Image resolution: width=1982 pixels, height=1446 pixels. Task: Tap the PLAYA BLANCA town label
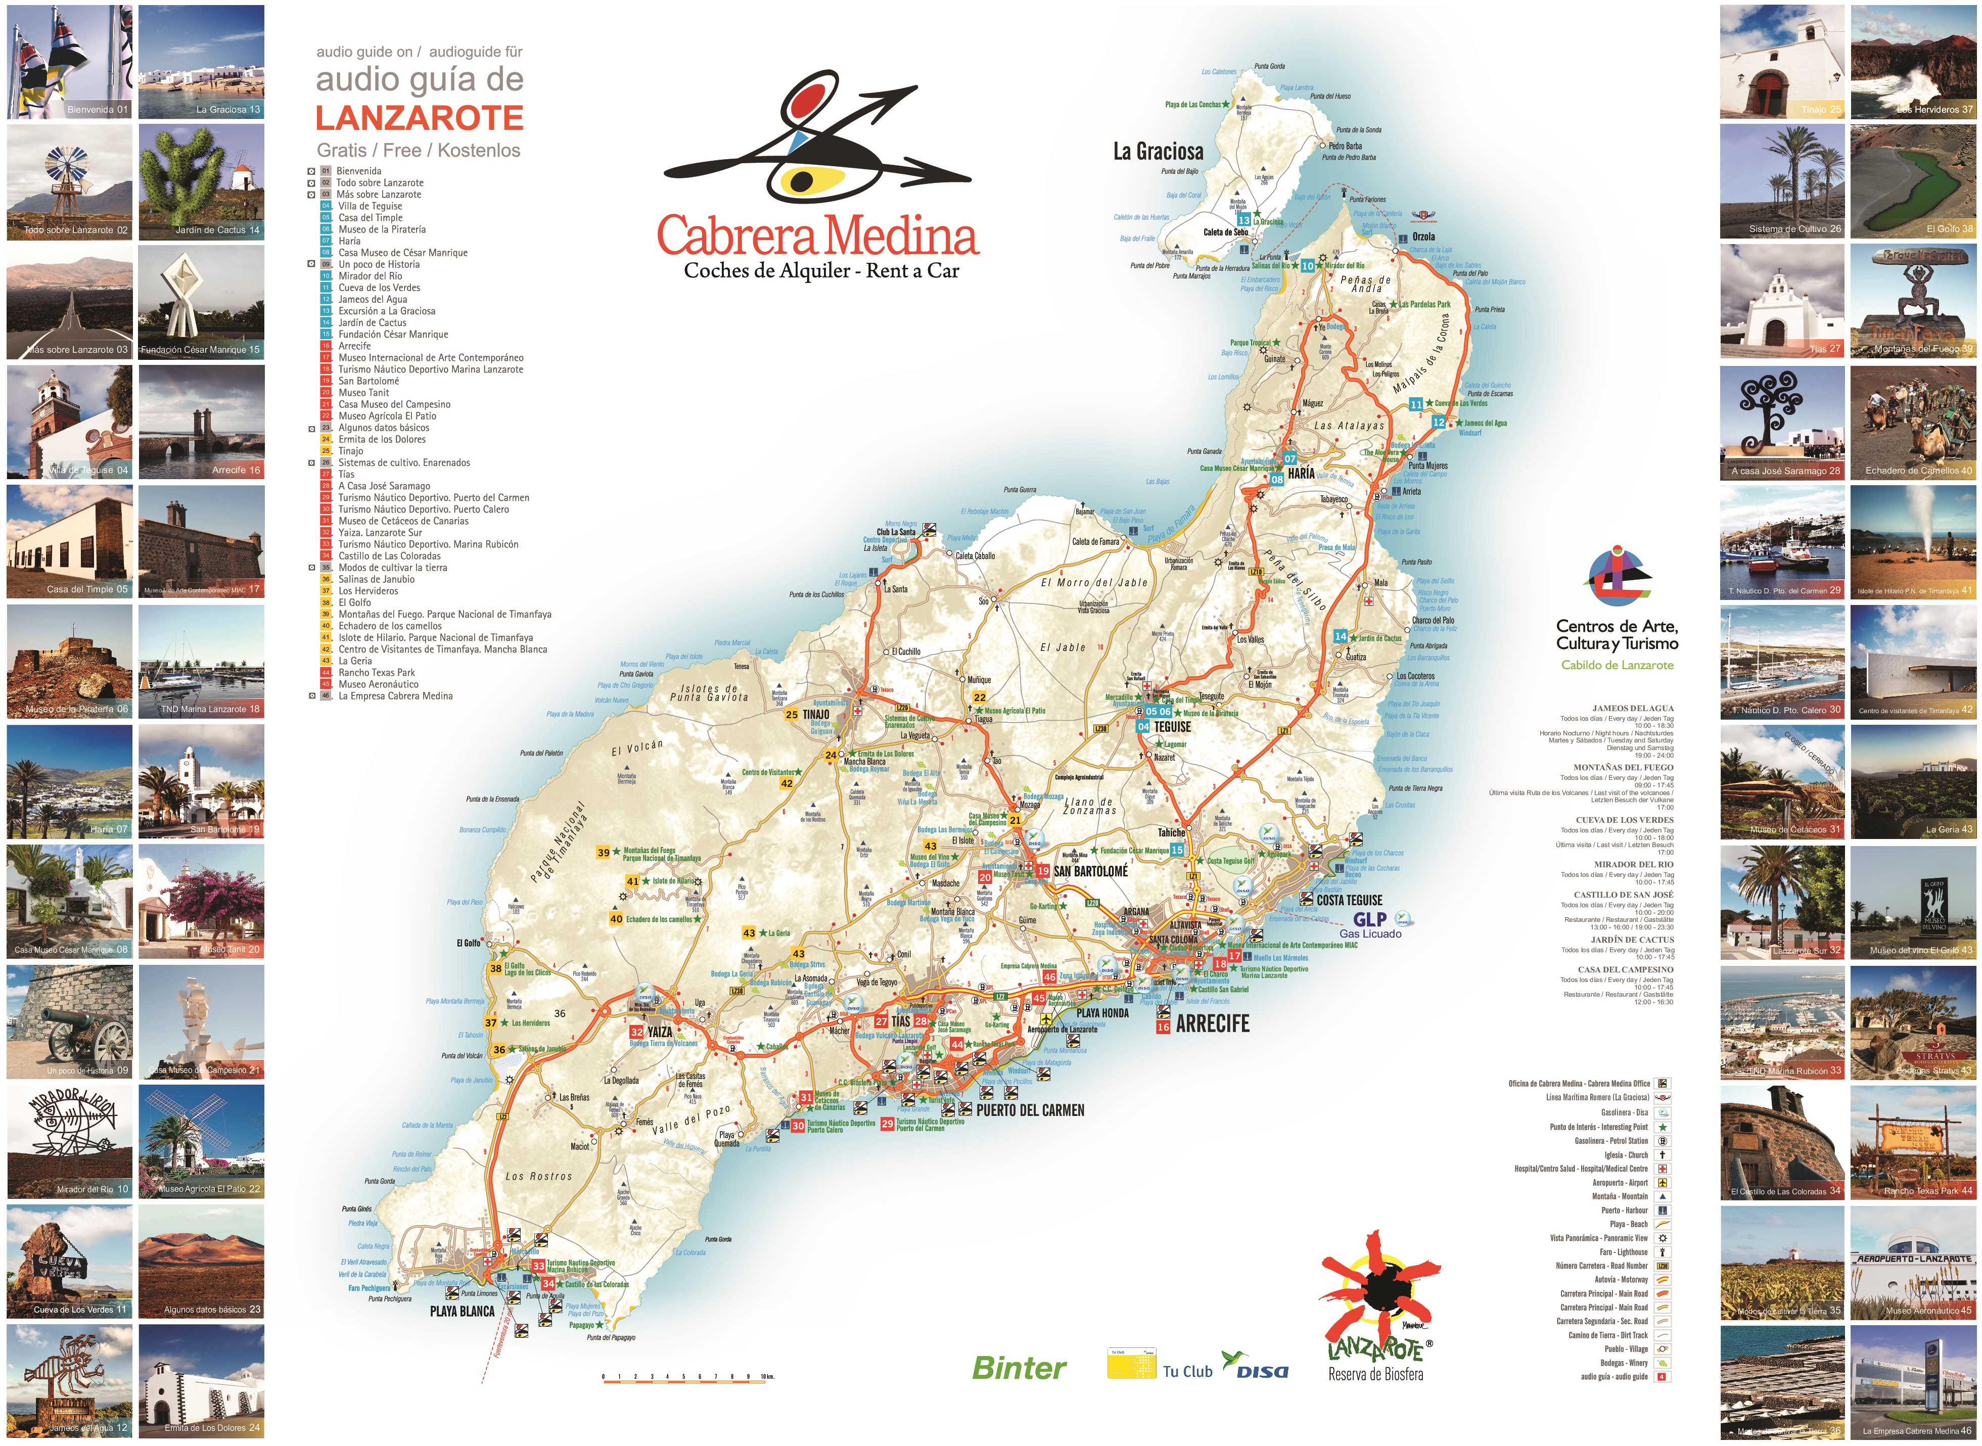pos(462,1311)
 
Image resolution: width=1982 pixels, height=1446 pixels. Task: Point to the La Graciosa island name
pos(1158,152)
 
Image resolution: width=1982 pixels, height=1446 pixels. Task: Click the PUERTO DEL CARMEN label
pos(1030,1110)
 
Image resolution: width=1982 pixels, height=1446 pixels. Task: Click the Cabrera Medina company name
pos(818,237)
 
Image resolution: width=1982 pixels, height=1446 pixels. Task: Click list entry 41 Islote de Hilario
pos(435,637)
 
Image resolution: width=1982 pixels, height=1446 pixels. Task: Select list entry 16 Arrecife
pos(354,346)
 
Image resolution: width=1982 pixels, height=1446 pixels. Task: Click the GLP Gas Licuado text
pos(1370,925)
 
